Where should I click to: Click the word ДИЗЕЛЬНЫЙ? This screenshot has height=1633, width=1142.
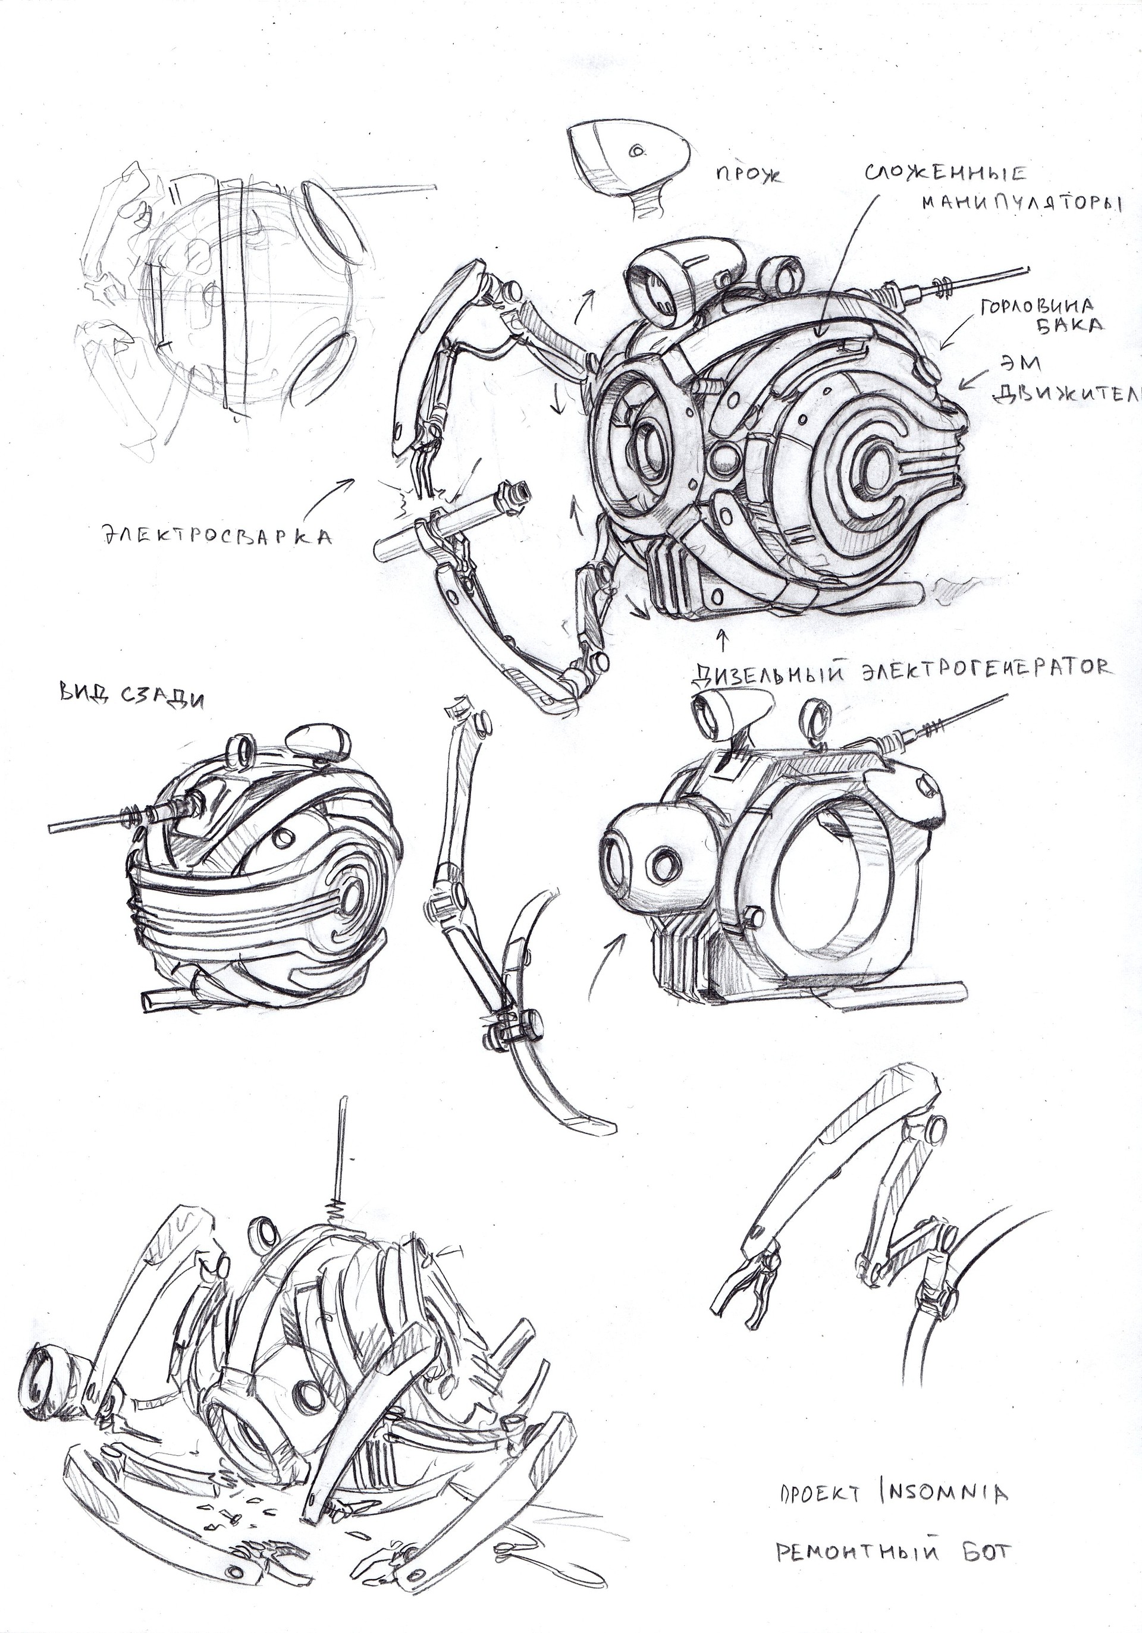(x=773, y=671)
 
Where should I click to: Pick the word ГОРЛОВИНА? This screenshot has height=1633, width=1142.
(x=1036, y=307)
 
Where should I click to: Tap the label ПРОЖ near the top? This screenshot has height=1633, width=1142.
(x=747, y=174)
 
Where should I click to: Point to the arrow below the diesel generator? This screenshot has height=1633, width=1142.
(x=724, y=639)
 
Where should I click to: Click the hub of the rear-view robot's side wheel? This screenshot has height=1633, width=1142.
(x=352, y=900)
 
